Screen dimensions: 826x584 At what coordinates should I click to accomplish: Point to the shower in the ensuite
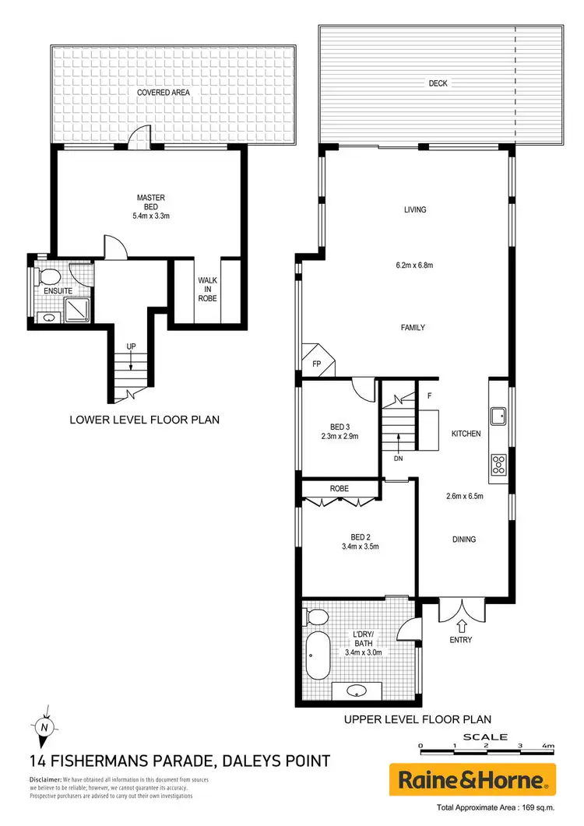[x=78, y=311]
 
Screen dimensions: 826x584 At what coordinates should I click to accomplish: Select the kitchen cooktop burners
[x=498, y=466]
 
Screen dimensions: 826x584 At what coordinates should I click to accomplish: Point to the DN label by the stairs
[x=399, y=459]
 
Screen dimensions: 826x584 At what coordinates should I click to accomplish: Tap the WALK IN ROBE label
[x=207, y=289]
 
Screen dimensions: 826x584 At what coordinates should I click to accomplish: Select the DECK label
[x=438, y=83]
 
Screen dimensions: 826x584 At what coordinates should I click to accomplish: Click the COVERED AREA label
[x=164, y=92]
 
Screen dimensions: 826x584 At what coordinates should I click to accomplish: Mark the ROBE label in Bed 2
[x=339, y=488]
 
